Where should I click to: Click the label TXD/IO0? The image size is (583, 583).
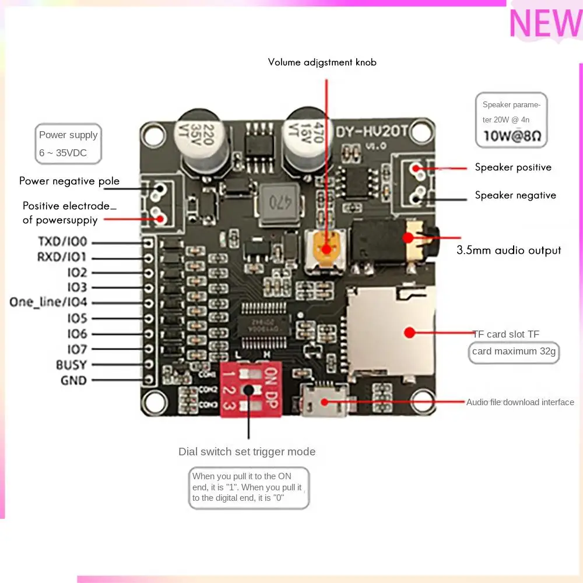(62, 241)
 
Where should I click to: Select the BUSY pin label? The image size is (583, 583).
(71, 365)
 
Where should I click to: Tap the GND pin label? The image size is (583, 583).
(73, 381)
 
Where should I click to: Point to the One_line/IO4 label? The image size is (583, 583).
(48, 302)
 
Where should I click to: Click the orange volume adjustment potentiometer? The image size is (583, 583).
(326, 248)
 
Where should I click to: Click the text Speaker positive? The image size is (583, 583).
(513, 167)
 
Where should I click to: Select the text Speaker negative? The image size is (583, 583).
(515, 195)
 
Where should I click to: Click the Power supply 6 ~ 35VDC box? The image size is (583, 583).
(68, 143)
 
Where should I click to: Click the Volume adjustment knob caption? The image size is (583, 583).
(322, 62)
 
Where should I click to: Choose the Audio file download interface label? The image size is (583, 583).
(520, 402)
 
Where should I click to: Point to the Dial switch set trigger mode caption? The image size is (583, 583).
(247, 452)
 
